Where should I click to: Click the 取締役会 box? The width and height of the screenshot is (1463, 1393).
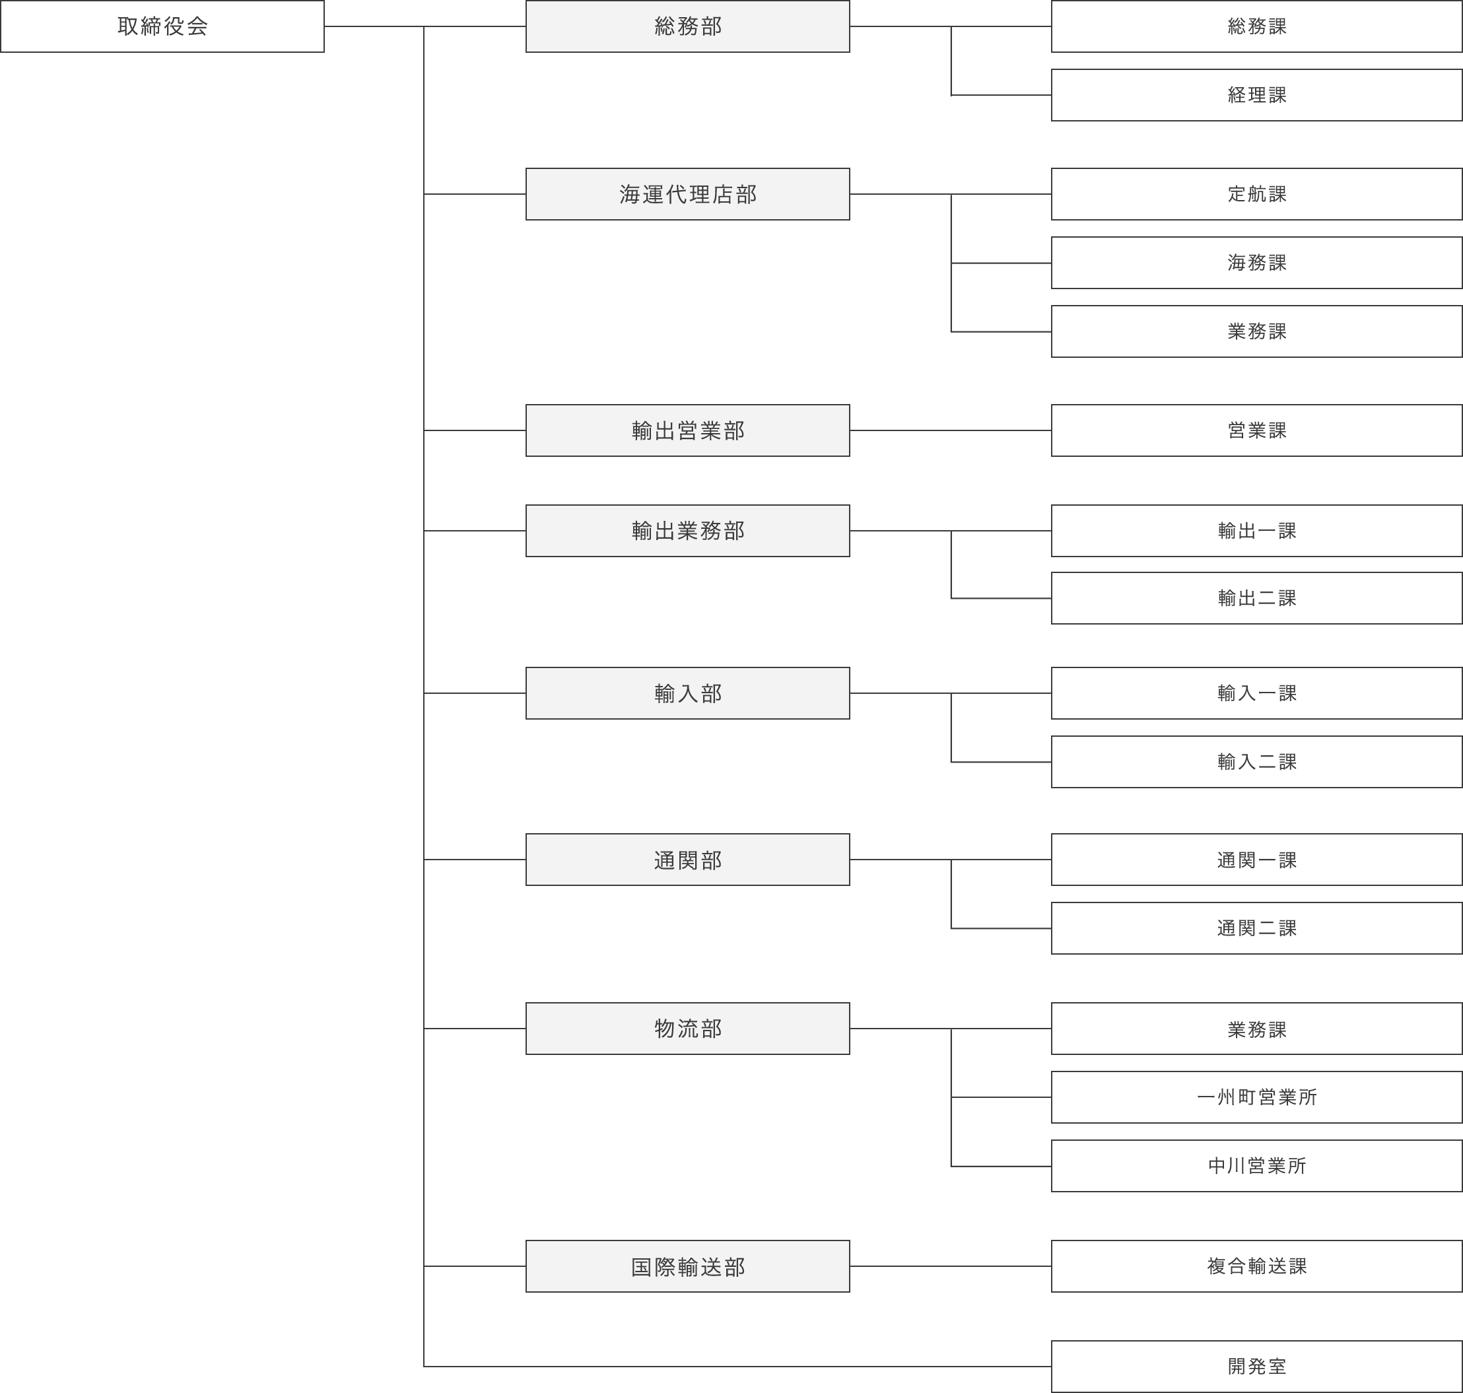[162, 26]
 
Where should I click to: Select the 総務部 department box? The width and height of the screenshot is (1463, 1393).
[688, 26]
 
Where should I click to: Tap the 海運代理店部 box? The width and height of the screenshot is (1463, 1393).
[688, 194]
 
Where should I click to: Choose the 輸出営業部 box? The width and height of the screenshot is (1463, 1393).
[688, 430]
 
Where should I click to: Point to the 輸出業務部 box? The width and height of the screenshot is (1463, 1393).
[688, 530]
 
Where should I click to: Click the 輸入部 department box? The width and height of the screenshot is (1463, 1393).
[688, 693]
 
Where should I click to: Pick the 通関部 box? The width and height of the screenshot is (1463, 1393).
[688, 859]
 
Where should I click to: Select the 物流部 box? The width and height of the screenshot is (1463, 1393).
[688, 1029]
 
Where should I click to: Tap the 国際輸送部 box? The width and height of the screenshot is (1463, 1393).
[688, 1266]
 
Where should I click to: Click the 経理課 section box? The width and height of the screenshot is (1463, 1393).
[1256, 95]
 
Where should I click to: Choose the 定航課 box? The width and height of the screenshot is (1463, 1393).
[1256, 194]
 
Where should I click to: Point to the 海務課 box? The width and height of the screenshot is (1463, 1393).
[1256, 263]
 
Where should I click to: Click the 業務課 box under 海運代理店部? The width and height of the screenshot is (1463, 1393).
[1256, 331]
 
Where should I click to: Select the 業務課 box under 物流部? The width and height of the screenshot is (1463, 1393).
[1256, 1029]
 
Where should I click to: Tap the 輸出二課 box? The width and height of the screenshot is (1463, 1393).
[1256, 597]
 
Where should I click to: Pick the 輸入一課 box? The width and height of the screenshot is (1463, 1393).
[1256, 693]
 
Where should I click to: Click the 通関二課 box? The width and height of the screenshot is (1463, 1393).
[1256, 928]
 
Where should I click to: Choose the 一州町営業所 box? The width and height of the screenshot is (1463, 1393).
[1256, 1097]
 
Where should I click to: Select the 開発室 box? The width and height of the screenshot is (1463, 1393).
[1256, 1367]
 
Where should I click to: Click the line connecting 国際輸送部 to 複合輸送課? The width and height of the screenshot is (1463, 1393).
[951, 1266]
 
